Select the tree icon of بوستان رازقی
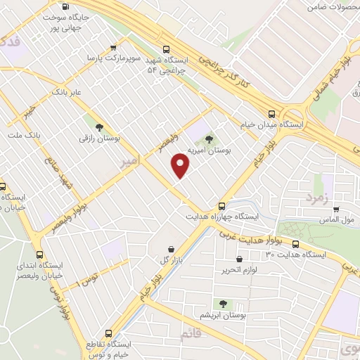[99, 127]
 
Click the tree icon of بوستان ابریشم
[223, 304]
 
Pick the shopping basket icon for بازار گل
[171, 249]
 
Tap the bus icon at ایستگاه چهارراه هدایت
[221, 206]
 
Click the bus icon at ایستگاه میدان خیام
[272, 112]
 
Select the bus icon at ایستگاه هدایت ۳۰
[295, 244]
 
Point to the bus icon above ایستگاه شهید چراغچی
[166, 49]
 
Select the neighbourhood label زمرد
[317, 199]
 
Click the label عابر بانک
[67, 92]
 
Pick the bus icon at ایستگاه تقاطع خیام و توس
[108, 333]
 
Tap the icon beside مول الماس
[336, 210]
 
